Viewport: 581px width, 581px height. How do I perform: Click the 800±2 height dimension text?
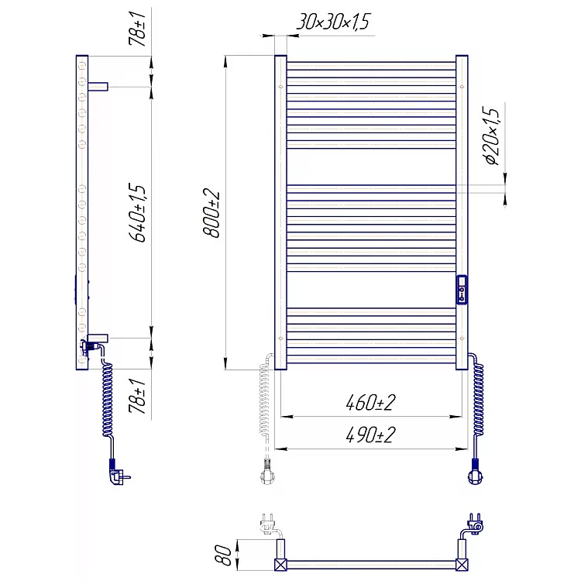coord(212,213)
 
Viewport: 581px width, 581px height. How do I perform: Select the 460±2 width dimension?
coord(370,402)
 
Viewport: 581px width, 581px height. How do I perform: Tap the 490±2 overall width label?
coord(370,435)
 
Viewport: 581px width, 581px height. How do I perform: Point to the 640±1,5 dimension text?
coord(137,212)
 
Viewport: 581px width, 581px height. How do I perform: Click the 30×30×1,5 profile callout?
coord(333,22)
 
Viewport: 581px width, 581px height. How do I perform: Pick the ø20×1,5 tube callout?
coord(492,136)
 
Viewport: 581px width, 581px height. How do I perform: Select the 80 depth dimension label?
coord(223,555)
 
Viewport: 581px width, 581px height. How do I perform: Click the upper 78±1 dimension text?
coord(137,28)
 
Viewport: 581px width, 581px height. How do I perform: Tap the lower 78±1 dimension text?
coord(137,396)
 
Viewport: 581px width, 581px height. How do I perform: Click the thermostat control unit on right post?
coord(462,290)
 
